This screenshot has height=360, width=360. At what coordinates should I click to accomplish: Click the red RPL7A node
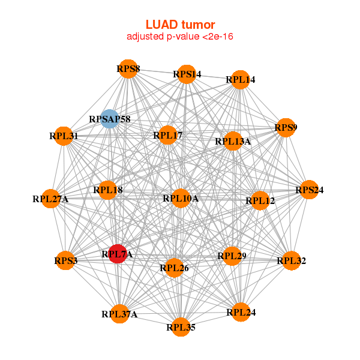pyautogui.click(x=118, y=254)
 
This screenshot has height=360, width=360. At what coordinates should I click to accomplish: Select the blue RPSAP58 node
pyautogui.click(x=109, y=119)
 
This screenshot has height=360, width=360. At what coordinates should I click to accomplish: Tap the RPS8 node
pyautogui.click(x=127, y=68)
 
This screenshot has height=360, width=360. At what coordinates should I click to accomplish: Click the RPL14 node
pyautogui.click(x=240, y=79)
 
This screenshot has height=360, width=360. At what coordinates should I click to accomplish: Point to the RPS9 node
pyautogui.click(x=286, y=127)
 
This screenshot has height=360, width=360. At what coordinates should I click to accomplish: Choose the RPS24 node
pyautogui.click(x=309, y=190)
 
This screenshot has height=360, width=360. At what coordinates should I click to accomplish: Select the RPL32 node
pyautogui.click(x=291, y=260)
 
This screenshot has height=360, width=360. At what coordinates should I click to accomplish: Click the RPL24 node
pyautogui.click(x=240, y=311)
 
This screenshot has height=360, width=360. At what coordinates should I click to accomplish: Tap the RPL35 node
pyautogui.click(x=181, y=327)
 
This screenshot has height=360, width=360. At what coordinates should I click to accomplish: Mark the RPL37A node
pyautogui.click(x=119, y=314)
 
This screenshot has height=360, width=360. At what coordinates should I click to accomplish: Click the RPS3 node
pyautogui.click(x=65, y=260)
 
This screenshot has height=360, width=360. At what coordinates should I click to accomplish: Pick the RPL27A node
pyautogui.click(x=52, y=198)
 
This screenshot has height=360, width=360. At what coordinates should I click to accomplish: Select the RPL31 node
pyautogui.click(x=64, y=136)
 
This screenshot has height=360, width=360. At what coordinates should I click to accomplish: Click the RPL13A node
pyautogui.click(x=233, y=141)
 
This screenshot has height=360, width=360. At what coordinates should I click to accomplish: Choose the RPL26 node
pyautogui.click(x=174, y=268)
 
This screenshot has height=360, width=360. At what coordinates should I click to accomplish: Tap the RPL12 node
pyautogui.click(x=259, y=200)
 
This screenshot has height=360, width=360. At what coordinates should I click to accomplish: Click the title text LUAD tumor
pyautogui.click(x=180, y=25)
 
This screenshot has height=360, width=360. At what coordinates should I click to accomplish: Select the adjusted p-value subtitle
pyautogui.click(x=180, y=37)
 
